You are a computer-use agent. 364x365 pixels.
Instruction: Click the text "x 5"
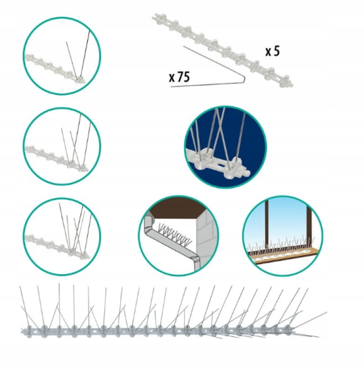pos(272,52)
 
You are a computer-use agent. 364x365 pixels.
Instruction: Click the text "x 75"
pos(179,77)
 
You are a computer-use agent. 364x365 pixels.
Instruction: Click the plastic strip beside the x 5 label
pos(223,50)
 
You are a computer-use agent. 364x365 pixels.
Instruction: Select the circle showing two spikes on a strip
pos(62,56)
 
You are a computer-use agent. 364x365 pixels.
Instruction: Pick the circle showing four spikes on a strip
pos(62,146)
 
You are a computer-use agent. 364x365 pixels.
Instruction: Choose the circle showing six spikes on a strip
pos(62,237)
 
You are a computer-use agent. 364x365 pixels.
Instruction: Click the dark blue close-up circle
pos(225,147)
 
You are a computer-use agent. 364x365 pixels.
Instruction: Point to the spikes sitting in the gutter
pos(174,233)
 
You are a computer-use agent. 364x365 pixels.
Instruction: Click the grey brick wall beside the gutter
pos(207,235)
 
